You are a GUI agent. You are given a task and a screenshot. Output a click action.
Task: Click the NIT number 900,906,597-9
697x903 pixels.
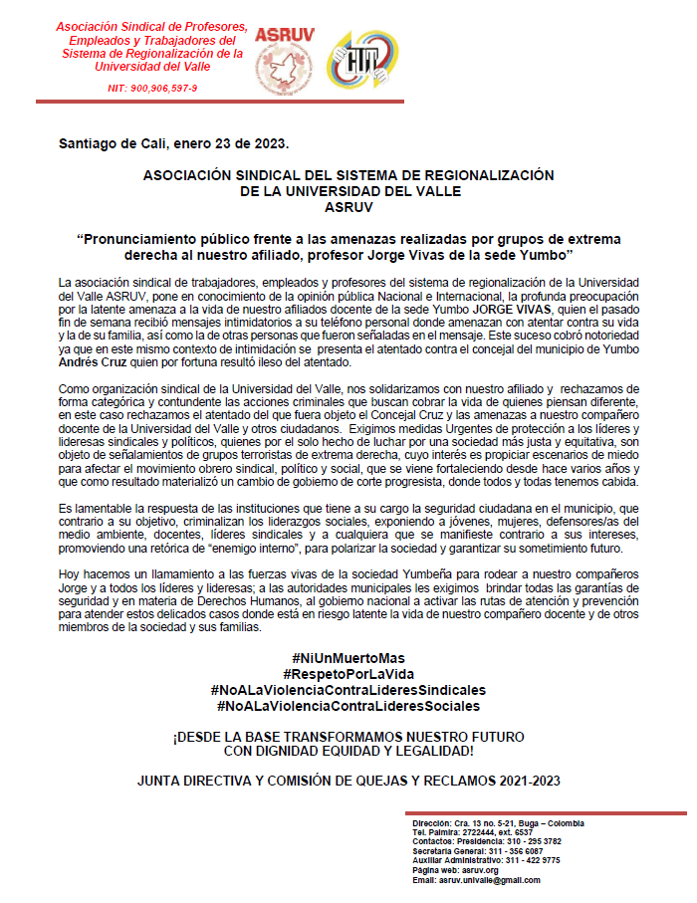tap(152, 89)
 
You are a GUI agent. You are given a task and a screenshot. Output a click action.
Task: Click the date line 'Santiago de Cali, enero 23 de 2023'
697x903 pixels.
tap(174, 143)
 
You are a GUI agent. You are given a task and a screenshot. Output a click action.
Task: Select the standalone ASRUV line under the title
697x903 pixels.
tap(348, 208)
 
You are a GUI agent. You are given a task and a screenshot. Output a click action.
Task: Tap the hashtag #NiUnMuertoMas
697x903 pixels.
tap(348, 659)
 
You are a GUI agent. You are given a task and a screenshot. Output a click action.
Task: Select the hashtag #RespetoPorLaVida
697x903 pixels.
tap(348, 674)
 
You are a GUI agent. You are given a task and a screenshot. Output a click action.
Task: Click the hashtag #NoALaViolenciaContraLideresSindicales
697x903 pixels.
tap(348, 690)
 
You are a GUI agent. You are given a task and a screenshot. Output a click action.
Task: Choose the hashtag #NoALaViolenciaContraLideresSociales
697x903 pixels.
tap(348, 706)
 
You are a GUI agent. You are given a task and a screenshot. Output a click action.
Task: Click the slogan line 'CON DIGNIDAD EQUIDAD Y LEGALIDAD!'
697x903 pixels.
tap(348, 750)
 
